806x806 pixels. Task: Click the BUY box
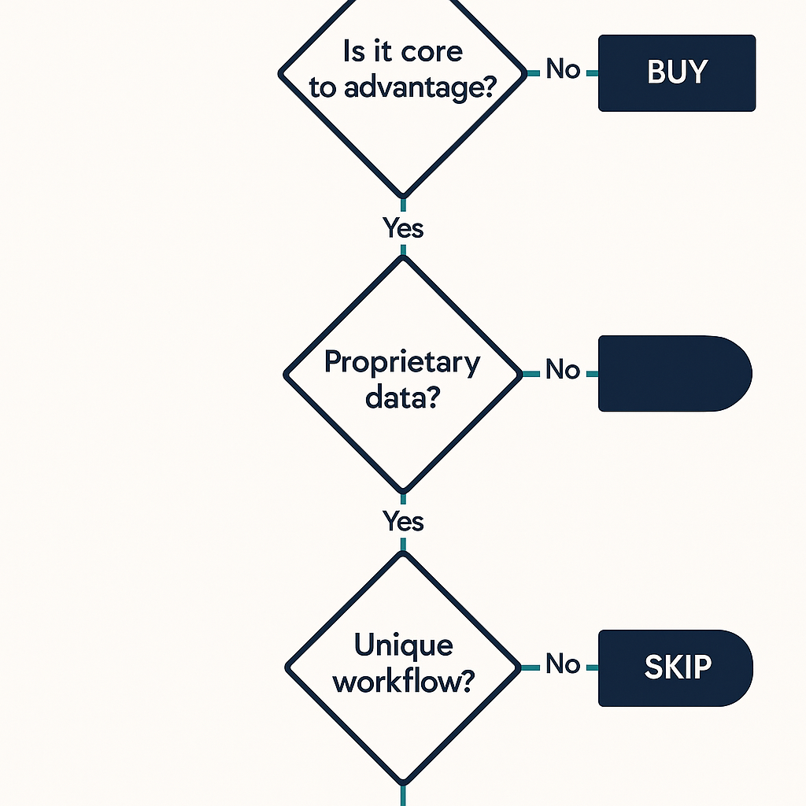pos(677,72)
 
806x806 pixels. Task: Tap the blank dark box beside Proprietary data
pos(674,373)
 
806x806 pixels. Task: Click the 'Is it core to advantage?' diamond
pos(402,126)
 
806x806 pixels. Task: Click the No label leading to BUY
pos(563,69)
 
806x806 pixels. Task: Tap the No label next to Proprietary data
pos(563,370)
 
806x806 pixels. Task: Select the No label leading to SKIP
pos(563,664)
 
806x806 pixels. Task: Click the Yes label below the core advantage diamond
pos(403,228)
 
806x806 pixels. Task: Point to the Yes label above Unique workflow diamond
pos(403,521)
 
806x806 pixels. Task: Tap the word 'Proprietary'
pos(402,363)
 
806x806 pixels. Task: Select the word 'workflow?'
pos(403,681)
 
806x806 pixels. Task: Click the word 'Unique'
pos(403,645)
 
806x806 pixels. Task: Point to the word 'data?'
pos(402,397)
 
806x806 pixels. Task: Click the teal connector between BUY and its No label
pos(591,72)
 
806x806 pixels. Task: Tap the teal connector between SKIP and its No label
pos(591,667)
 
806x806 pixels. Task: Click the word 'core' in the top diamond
pos(431,53)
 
